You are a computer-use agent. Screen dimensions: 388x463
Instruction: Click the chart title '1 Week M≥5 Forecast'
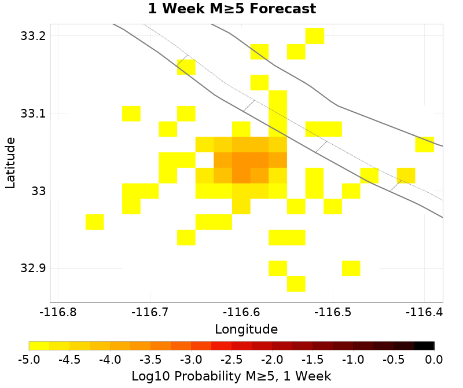click(x=231, y=9)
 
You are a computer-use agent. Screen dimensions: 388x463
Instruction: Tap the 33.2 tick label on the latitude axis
click(x=32, y=36)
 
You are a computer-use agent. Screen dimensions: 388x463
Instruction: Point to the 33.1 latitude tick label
click(x=32, y=114)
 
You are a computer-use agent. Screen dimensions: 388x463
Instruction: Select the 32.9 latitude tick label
click(x=32, y=268)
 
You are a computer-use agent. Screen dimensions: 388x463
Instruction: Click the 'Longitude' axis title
click(x=246, y=330)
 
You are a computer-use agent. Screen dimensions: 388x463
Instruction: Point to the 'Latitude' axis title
click(x=10, y=162)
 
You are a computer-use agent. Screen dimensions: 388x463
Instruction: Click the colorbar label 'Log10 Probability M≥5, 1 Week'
click(x=231, y=376)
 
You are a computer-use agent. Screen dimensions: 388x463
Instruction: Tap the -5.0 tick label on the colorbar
click(x=29, y=360)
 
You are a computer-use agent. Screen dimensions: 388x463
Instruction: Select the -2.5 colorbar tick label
click(x=231, y=360)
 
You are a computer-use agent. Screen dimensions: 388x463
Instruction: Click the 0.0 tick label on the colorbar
click(x=434, y=360)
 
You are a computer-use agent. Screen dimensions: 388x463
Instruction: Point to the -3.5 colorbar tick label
click(x=150, y=360)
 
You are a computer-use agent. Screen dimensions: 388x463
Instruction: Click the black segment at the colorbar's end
click(x=424, y=346)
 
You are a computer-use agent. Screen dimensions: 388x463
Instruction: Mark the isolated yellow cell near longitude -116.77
click(x=95, y=222)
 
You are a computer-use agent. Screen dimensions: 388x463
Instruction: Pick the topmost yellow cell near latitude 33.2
click(x=315, y=36)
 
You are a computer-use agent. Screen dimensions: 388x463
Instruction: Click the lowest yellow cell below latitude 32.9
click(x=296, y=284)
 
